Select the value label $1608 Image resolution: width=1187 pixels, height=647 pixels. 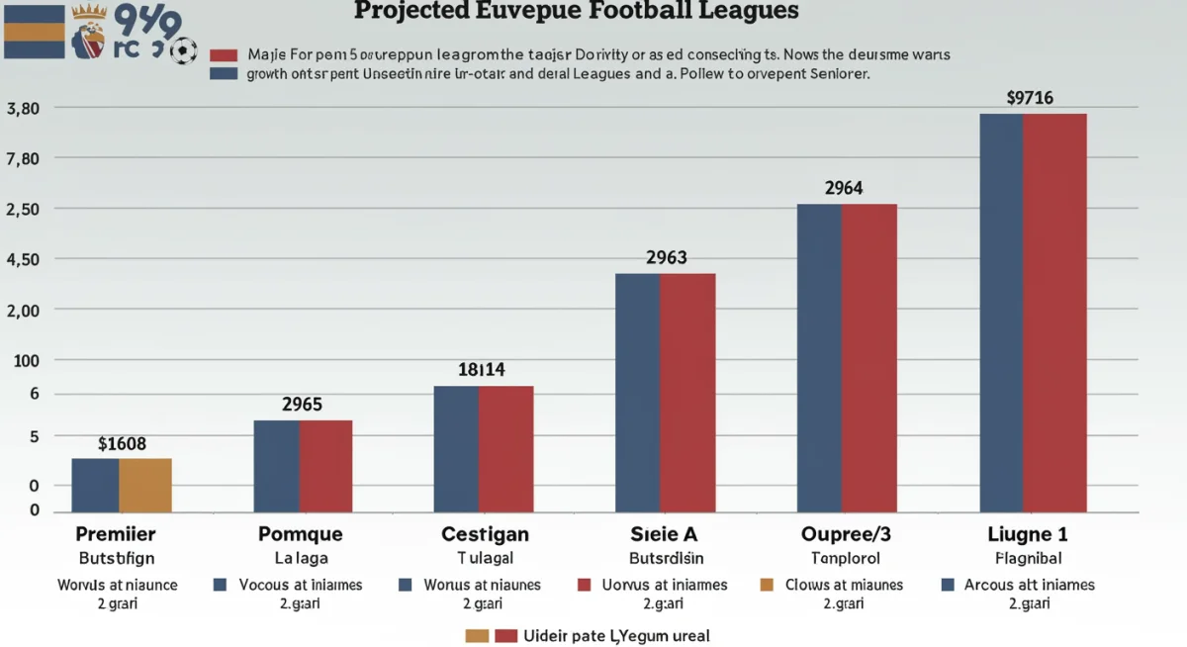click(123, 444)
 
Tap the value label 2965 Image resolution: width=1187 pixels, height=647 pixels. click(302, 405)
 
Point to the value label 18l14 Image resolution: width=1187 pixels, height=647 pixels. click(482, 370)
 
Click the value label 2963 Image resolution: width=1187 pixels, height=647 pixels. click(666, 257)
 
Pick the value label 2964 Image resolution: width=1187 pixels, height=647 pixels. click(844, 188)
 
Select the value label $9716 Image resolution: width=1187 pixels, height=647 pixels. click(1030, 98)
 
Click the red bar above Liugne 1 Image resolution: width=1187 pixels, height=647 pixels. click(1054, 312)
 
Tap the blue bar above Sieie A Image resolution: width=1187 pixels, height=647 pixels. click(637, 392)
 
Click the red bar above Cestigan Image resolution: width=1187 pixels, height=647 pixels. click(505, 448)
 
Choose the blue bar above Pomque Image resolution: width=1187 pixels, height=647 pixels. click(276, 465)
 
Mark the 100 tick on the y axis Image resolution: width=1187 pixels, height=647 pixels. click(27, 361)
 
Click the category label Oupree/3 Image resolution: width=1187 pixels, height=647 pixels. click(845, 534)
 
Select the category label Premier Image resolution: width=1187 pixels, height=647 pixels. click(117, 534)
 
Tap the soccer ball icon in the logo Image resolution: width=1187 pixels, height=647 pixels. click(183, 51)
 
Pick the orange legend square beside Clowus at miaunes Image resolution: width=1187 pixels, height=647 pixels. click(765, 585)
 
